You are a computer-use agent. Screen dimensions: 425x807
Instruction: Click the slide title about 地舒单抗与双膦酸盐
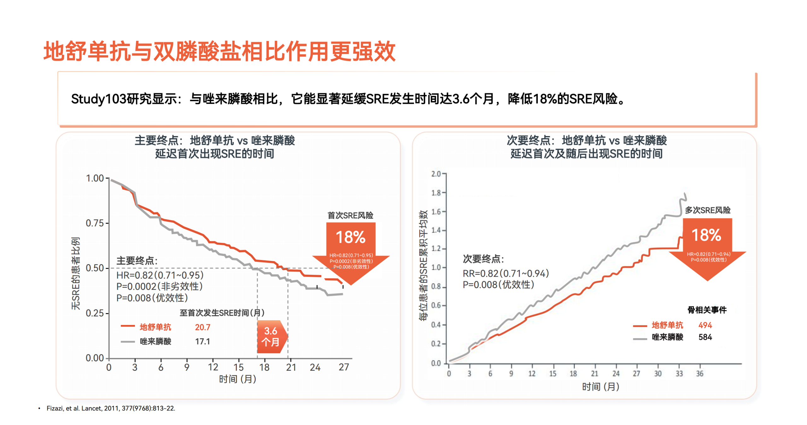click(219, 51)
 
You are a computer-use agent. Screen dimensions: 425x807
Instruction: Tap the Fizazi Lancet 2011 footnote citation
click(111, 408)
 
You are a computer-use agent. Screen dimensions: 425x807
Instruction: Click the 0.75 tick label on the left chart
click(95, 223)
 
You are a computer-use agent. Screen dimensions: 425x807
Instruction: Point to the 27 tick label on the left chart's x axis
click(344, 367)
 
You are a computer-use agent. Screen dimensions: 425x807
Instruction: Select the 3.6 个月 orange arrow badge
click(271, 336)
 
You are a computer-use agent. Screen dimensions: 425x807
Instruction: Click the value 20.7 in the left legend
click(202, 327)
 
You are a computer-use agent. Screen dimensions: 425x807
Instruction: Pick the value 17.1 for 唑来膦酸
click(202, 341)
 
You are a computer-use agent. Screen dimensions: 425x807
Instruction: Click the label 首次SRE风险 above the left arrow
click(350, 215)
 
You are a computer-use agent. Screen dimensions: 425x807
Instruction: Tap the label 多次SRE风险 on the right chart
click(707, 210)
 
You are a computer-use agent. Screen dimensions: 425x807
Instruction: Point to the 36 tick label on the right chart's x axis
click(700, 374)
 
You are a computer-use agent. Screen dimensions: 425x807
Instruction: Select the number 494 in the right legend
click(705, 325)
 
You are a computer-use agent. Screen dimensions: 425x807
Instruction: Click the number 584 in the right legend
click(705, 337)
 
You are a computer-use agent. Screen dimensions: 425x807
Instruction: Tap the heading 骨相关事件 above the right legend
click(707, 310)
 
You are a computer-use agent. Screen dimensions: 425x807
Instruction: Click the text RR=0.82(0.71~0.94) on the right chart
click(506, 273)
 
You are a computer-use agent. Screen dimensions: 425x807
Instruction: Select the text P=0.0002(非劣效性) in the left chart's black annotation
click(160, 286)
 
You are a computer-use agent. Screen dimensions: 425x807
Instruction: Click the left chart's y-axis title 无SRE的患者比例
click(76, 273)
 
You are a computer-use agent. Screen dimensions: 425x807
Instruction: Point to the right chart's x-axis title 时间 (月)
click(600, 387)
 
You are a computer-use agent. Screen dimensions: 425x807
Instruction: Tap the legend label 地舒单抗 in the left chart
click(155, 327)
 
